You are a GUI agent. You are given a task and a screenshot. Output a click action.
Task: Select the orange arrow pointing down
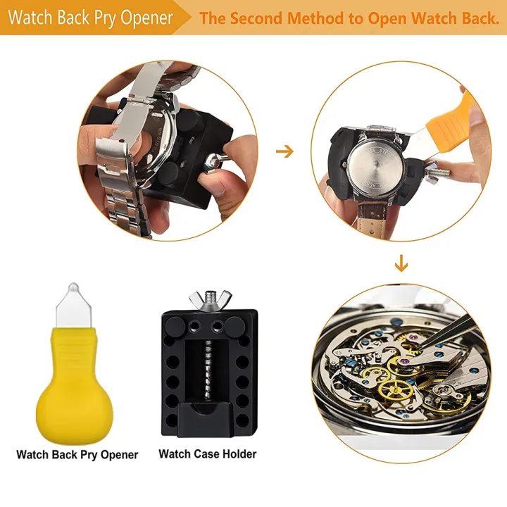[x=401, y=264]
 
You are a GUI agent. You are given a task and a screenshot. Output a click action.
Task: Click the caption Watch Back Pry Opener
[x=77, y=454]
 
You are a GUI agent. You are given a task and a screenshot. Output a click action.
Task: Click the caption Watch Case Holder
[x=208, y=454]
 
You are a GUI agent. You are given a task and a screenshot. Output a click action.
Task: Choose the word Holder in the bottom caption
[x=236, y=454]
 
